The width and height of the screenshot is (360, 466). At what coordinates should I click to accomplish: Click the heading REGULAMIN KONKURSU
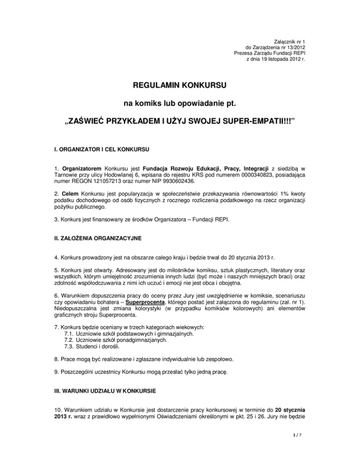click(x=180, y=86)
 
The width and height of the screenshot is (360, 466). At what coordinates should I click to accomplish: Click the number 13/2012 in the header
click(x=290, y=48)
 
